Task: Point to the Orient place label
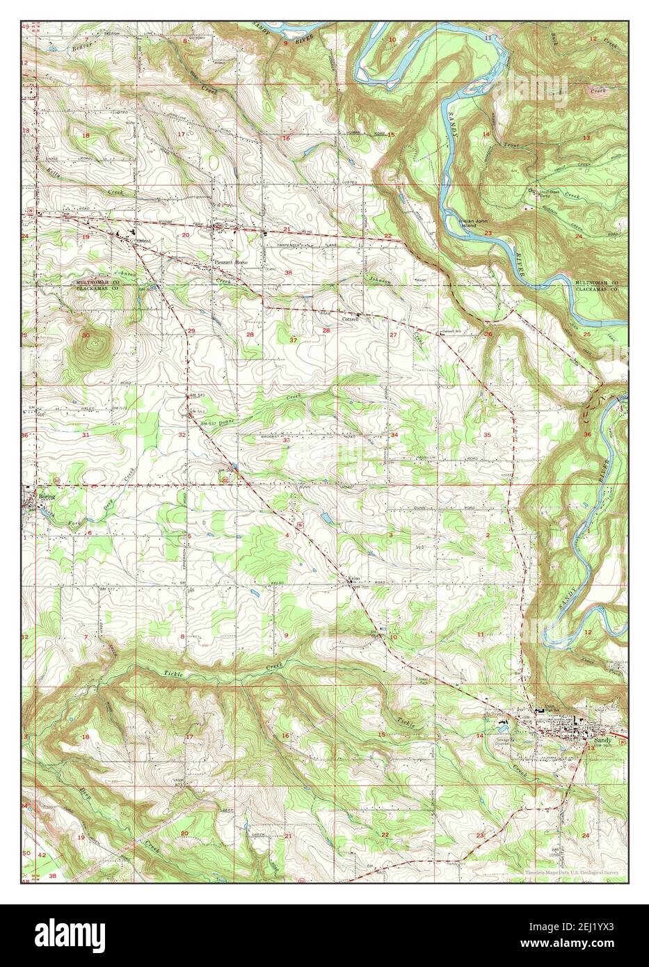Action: pyautogui.click(x=144, y=241)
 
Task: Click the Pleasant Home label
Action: pyautogui.click(x=230, y=262)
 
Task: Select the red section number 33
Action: pyautogui.click(x=287, y=440)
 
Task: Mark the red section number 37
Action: pyautogui.click(x=293, y=340)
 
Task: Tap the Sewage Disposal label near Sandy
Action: pyautogui.click(x=504, y=742)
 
